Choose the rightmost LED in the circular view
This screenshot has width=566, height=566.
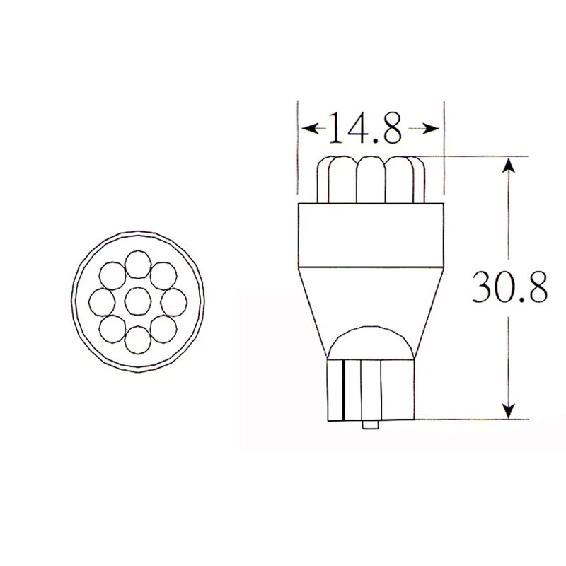171,303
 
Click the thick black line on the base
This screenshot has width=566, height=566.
342,388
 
